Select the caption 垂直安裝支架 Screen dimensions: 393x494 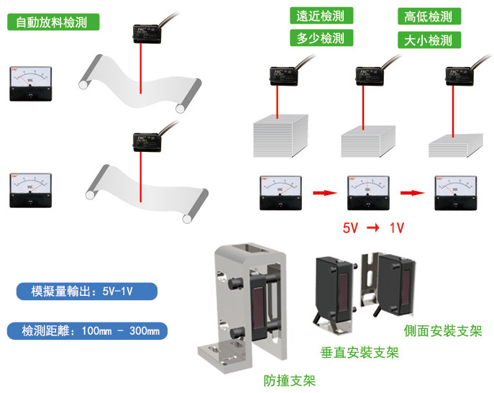click(x=359, y=353)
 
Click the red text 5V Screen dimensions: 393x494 click(x=350, y=228)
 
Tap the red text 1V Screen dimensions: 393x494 click(x=396, y=228)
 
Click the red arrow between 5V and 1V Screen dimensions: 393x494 click(x=373, y=228)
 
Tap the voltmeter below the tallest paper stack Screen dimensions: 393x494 click(x=279, y=193)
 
